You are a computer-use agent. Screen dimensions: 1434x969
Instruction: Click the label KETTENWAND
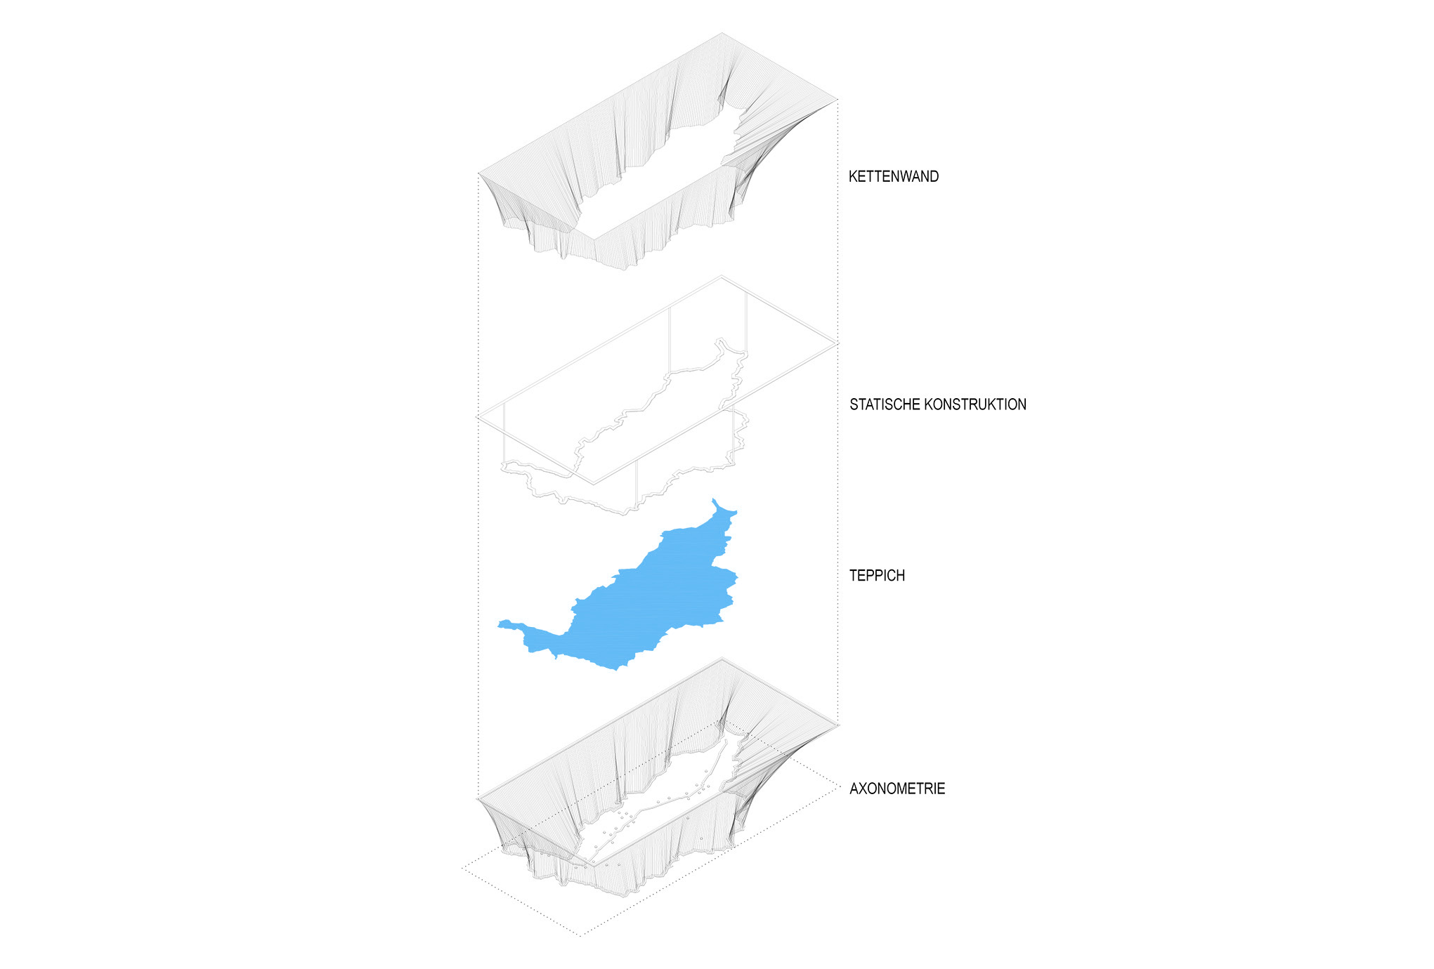[893, 176]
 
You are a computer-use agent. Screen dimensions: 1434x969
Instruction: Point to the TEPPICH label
[877, 576]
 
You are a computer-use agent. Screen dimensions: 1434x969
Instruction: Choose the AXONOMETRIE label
[897, 789]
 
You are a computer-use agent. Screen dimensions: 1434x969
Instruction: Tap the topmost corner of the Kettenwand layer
[722, 32]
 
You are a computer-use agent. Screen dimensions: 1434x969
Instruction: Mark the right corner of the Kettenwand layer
[837, 99]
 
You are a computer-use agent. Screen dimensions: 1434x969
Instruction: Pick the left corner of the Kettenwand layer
[478, 173]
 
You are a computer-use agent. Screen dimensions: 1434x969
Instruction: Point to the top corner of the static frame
[721, 276]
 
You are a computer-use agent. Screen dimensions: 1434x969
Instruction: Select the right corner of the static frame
[837, 344]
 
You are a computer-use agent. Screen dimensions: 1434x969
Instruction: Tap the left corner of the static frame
[477, 417]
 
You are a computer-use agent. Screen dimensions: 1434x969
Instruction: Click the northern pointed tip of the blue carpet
[713, 499]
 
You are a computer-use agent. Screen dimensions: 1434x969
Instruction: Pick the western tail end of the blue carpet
[498, 624]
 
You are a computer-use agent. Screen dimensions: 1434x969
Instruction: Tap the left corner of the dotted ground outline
[462, 869]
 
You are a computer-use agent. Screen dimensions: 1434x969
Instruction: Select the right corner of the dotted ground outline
[839, 788]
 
